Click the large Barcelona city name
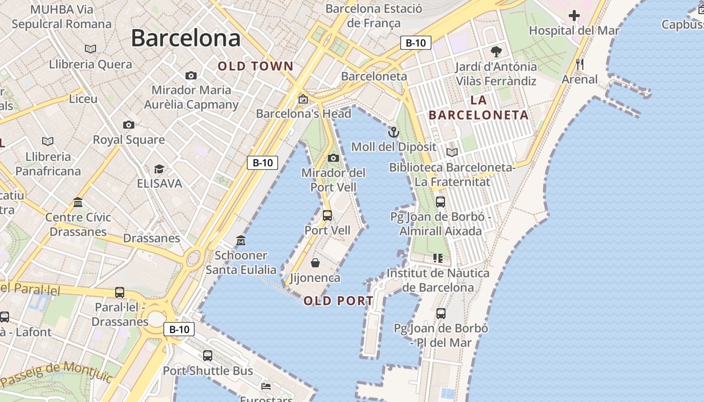[186, 38]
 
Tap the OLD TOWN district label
[255, 66]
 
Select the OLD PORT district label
[338, 301]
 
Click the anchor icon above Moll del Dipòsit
[394, 132]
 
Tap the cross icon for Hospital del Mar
[574, 16]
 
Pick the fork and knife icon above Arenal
[580, 64]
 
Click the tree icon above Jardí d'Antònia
[496, 51]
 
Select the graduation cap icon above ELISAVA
[159, 169]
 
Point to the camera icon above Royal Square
[129, 125]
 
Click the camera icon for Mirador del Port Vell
[333, 158]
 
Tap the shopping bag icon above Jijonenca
[315, 263]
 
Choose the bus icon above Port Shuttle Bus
[208, 356]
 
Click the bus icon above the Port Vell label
[327, 216]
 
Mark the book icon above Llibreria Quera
[91, 49]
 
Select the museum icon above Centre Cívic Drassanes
[78, 202]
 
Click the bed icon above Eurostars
[266, 386]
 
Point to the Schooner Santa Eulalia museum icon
[241, 241]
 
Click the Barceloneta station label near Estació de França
[374, 76]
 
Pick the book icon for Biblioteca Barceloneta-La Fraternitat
[452, 152]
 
